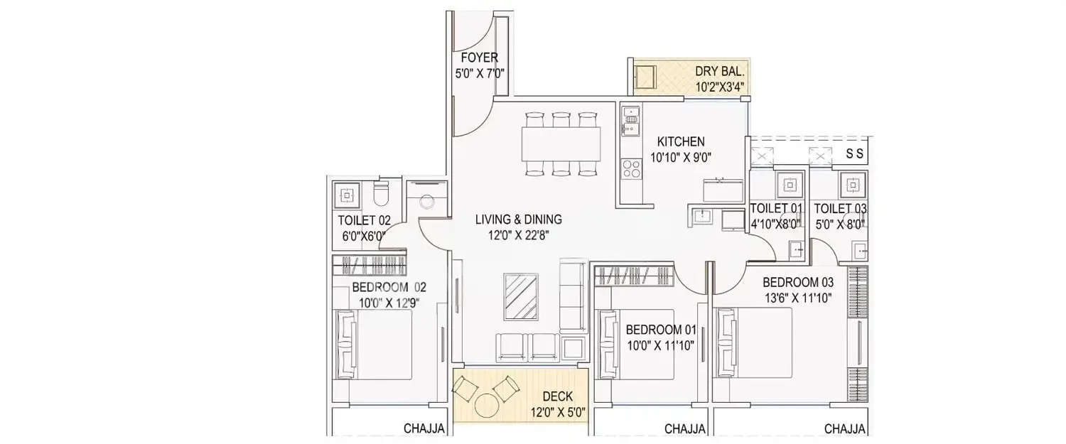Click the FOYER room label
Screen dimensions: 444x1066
(x=479, y=58)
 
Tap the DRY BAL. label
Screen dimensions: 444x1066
(x=719, y=71)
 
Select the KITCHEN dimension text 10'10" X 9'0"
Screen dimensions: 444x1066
(x=680, y=158)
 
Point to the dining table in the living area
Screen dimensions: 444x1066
(x=561, y=144)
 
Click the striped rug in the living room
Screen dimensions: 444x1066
(x=521, y=296)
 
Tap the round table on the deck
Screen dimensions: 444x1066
(x=486, y=405)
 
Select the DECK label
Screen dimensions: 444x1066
(x=558, y=396)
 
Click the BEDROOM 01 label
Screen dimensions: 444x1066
(x=661, y=330)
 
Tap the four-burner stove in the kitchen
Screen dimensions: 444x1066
(x=630, y=169)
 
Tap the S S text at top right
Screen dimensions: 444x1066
(x=856, y=154)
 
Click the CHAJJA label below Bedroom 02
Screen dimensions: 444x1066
(x=424, y=428)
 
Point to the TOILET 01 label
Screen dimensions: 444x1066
(x=776, y=208)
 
